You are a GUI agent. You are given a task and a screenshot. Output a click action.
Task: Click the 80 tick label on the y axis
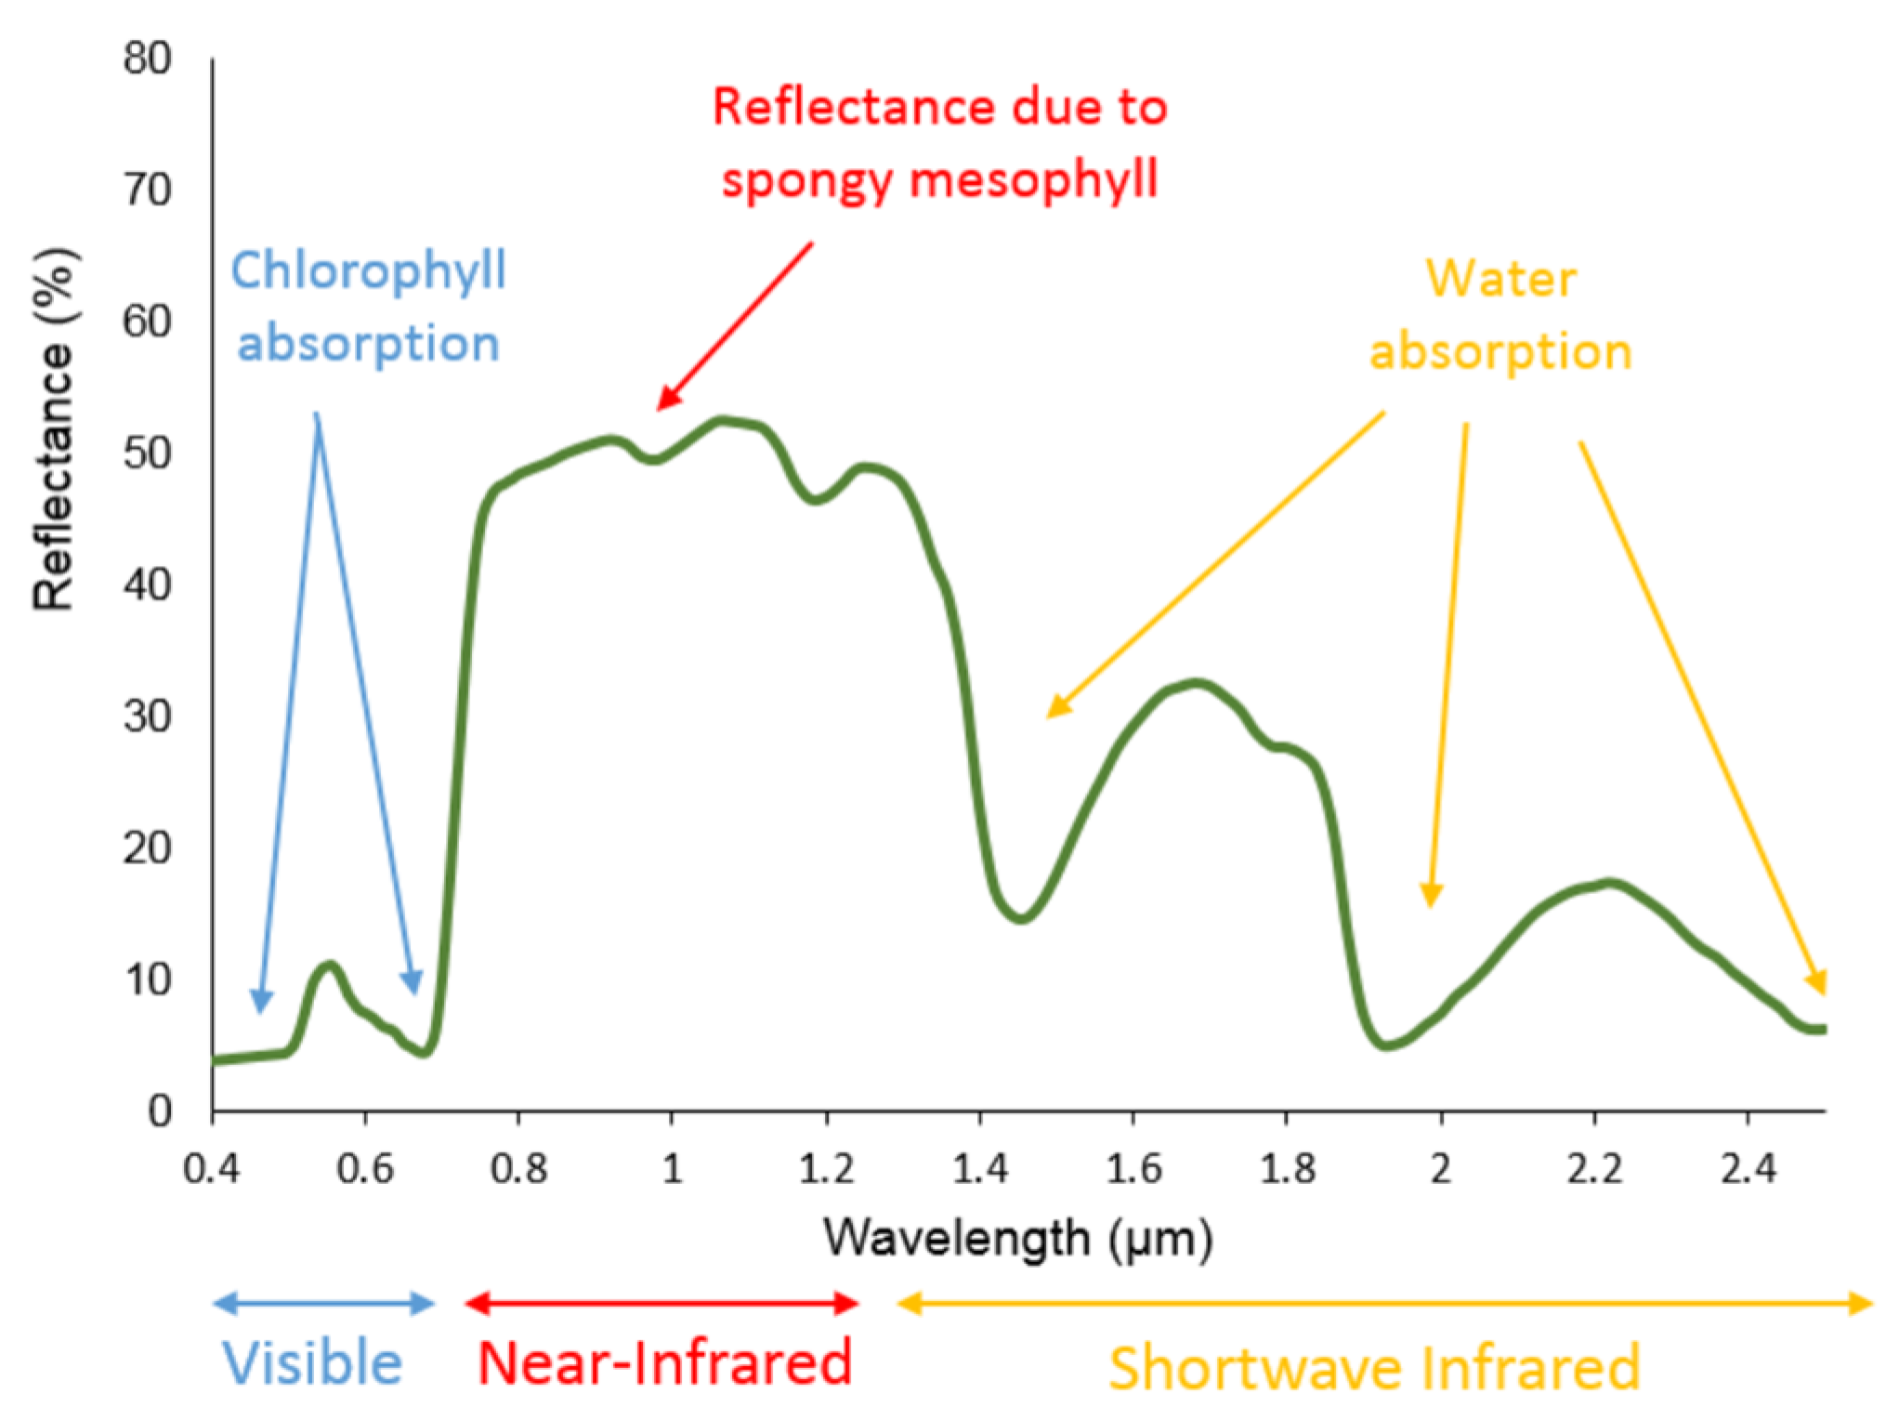(147, 59)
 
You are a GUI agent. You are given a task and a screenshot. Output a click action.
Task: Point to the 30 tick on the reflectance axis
(147, 717)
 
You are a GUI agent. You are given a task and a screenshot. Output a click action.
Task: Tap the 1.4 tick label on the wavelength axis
(979, 1168)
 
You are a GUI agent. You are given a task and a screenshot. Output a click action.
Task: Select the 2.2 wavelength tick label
(1594, 1168)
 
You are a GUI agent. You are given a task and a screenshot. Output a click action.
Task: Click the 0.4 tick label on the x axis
(212, 1168)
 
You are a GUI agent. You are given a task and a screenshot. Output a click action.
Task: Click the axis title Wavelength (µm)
(1017, 1238)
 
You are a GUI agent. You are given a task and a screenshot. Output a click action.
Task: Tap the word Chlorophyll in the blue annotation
(368, 271)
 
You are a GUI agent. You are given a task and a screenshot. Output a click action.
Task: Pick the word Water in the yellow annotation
(1500, 278)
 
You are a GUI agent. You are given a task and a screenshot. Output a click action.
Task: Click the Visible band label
(312, 1363)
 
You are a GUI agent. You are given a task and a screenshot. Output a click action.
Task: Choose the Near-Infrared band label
(663, 1363)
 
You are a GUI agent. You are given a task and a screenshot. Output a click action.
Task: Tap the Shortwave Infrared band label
(1374, 1367)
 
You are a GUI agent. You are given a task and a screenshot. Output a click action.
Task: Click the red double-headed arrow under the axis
(661, 1304)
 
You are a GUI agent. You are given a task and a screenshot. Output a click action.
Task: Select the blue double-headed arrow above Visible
(323, 1304)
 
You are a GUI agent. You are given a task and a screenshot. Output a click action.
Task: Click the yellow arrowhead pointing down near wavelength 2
(1432, 895)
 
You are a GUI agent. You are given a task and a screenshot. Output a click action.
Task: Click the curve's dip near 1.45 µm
(1021, 918)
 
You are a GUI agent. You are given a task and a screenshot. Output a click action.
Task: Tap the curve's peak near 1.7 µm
(1198, 684)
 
